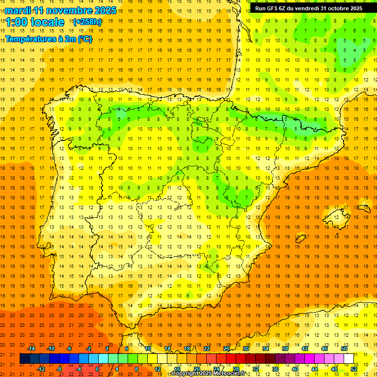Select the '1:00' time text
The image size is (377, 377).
[16, 22]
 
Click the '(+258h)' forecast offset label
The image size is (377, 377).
[87, 22]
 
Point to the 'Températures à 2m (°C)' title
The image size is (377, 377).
[48, 39]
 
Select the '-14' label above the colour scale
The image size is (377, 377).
[31, 349]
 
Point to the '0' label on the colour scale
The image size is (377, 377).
[97, 369]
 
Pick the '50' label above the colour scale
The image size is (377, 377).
[344, 349]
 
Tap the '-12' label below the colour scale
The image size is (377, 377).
[41, 369]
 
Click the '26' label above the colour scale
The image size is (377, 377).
[226, 349]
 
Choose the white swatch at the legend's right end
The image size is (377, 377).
[349, 359]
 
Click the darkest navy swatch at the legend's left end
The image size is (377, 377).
[25, 359]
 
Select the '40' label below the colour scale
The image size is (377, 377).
[295, 369]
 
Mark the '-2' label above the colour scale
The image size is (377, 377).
[88, 349]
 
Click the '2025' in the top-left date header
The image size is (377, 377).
[105, 10]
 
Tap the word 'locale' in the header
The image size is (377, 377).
[47, 22]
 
